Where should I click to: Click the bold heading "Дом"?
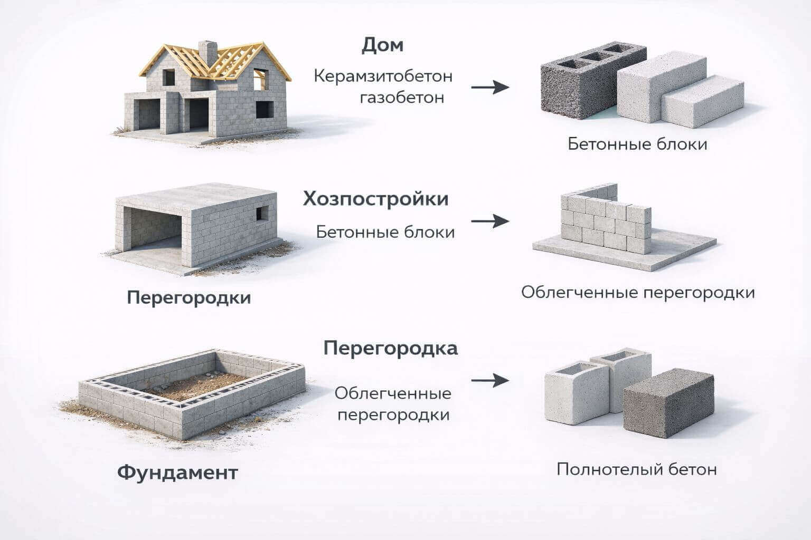click(382, 45)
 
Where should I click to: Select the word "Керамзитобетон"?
click(383, 76)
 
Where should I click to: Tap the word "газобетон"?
click(402, 98)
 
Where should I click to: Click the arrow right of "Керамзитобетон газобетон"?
click(489, 87)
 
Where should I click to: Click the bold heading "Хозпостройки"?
click(375, 199)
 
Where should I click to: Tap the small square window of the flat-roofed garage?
click(262, 213)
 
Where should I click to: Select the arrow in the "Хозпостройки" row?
click(489, 221)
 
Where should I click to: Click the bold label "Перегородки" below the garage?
click(188, 297)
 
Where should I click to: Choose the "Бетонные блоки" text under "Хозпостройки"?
click(385, 232)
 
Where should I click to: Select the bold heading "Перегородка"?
click(390, 349)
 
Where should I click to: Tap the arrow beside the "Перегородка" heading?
click(489, 380)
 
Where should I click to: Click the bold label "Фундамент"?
click(177, 472)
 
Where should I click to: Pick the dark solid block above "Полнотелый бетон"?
click(667, 403)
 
